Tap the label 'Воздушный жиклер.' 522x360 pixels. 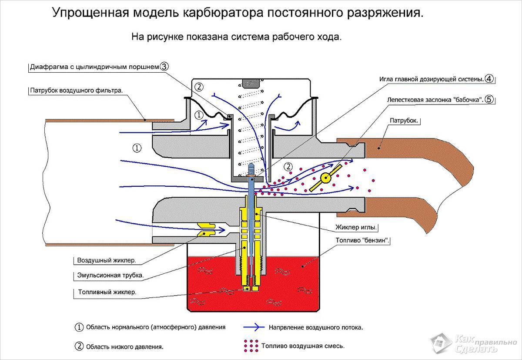click(107, 261)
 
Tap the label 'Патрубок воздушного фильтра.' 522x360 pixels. click(77, 91)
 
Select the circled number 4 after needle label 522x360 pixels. click(489, 79)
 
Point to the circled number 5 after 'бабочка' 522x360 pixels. click(489, 99)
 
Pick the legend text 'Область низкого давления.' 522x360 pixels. click(125, 347)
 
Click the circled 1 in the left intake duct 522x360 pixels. click(137, 148)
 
